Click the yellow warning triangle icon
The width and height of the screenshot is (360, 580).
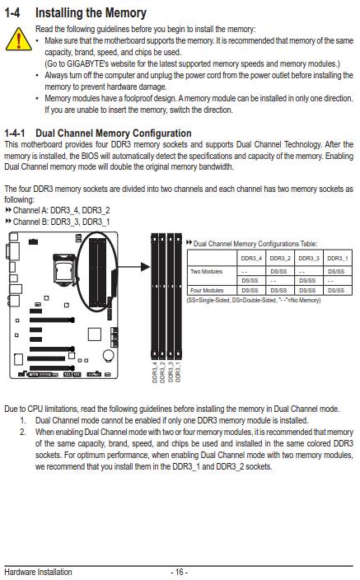click(x=18, y=40)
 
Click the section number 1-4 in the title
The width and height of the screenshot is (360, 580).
click(x=12, y=13)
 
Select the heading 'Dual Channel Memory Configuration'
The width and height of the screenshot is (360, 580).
click(x=114, y=133)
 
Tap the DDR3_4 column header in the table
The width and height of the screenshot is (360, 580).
click(x=251, y=258)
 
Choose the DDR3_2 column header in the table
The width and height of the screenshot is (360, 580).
click(x=280, y=258)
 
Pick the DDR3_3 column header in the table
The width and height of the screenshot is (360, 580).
click(x=309, y=258)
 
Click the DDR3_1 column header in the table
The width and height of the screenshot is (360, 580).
click(x=338, y=258)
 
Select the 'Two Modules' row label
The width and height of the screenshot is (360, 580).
click(x=206, y=272)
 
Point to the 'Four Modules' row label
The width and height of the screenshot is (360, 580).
click(x=207, y=290)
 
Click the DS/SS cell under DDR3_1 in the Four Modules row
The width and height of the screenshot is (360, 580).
click(x=336, y=290)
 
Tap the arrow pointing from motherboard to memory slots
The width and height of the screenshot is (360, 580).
click(x=133, y=267)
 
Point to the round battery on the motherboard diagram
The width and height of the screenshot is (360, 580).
click(x=109, y=355)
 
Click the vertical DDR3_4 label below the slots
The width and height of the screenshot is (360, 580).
click(x=155, y=372)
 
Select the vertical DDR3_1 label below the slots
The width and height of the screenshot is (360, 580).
click(x=178, y=372)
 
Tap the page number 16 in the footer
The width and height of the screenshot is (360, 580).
click(x=180, y=572)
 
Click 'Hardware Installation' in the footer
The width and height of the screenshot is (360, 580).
click(x=38, y=572)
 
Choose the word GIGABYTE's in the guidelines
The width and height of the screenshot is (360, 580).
click(x=87, y=64)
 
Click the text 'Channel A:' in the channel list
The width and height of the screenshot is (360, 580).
click(x=30, y=210)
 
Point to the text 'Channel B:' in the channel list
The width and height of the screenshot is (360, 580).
click(x=30, y=222)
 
